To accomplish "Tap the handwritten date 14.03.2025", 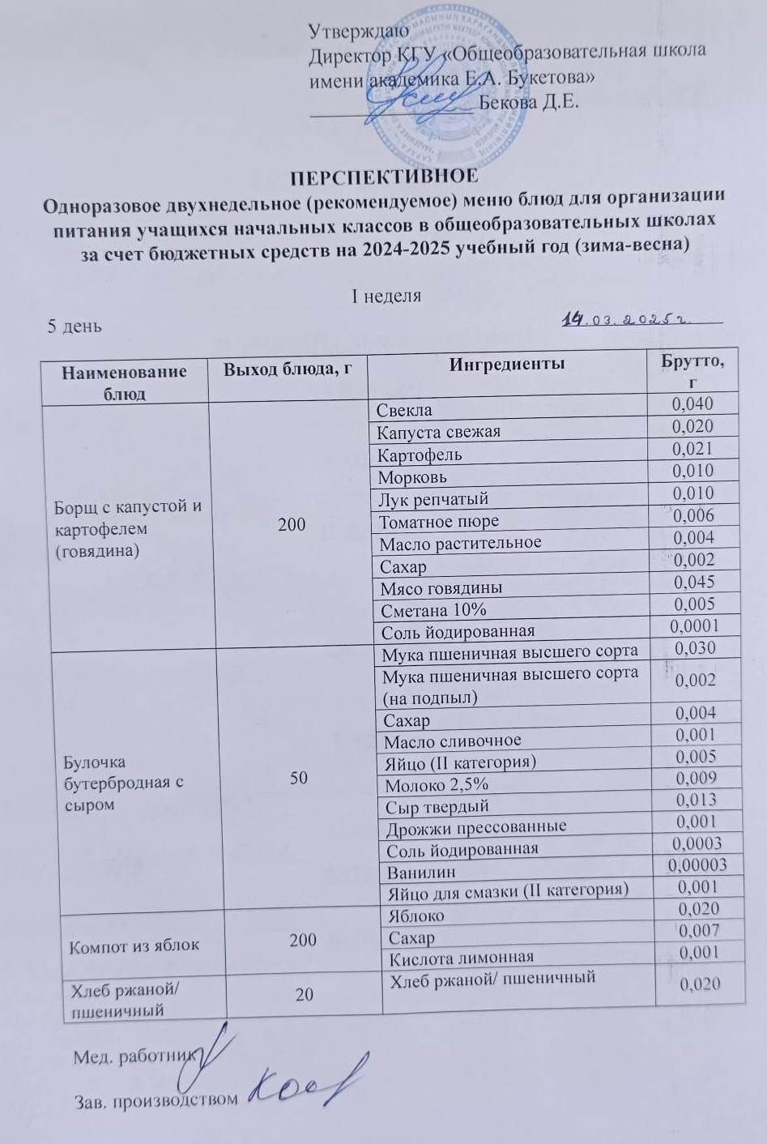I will (625, 321).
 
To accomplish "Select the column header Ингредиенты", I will (507, 365).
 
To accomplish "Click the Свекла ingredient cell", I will (405, 410).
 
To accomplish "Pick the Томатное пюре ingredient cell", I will (438, 521).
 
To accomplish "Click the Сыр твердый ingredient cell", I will (437, 806).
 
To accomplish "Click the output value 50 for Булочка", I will (298, 778).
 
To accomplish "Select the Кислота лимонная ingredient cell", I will (461, 958).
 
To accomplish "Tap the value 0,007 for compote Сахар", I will (698, 932).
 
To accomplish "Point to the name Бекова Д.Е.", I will (528, 103).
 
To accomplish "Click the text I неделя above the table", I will (385, 295).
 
